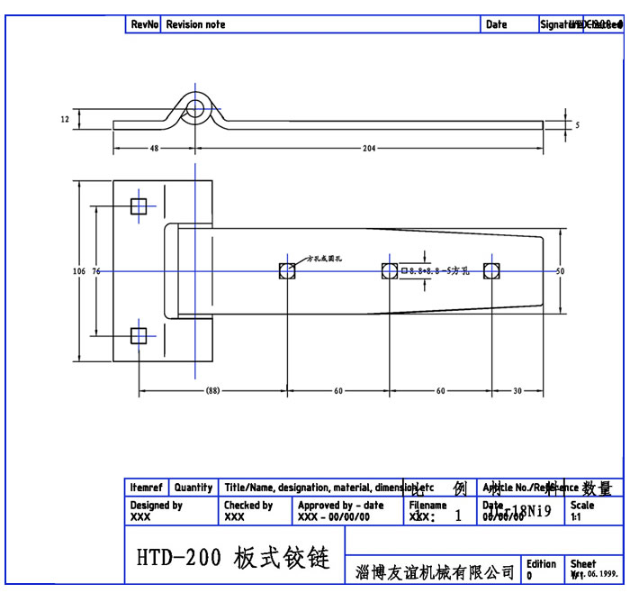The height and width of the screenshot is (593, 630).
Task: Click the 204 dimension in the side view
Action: point(369,148)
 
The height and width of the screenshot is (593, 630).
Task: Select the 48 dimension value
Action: point(154,148)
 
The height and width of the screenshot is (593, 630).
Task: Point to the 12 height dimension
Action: point(65,119)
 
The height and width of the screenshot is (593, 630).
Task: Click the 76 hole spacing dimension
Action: point(96,270)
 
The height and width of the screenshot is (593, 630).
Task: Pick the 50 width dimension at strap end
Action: point(559,270)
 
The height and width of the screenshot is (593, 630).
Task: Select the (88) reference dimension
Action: point(212,391)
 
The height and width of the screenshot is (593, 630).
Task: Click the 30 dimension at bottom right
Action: point(517,391)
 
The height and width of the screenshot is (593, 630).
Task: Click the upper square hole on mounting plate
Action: point(138,206)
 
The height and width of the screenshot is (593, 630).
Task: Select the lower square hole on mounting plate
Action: point(138,336)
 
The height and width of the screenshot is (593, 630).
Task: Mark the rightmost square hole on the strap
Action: point(491,271)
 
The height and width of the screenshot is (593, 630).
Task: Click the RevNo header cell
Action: point(144,25)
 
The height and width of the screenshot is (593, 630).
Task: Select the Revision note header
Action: point(196,25)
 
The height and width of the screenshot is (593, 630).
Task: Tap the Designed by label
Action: point(157,506)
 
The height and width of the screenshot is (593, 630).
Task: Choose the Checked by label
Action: point(248,506)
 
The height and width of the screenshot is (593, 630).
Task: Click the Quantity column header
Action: point(193,488)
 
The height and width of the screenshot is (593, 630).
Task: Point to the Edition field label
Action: point(541,564)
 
